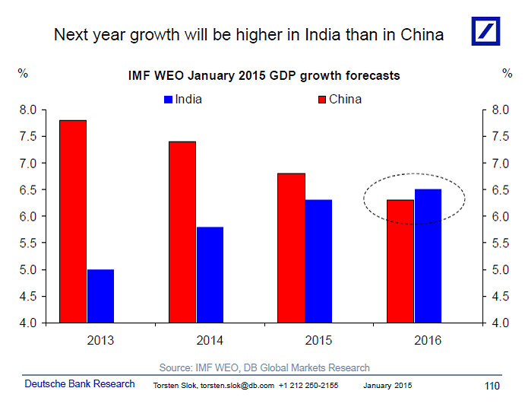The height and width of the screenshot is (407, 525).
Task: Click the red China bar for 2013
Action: tap(73, 221)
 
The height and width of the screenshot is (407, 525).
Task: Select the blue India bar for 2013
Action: tap(100, 296)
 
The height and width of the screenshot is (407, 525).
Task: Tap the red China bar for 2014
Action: tap(182, 232)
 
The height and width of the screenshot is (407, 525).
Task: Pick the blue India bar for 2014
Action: tap(210, 275)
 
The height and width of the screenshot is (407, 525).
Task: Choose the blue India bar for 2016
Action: tap(428, 256)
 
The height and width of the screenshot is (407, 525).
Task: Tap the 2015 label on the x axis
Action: tap(319, 341)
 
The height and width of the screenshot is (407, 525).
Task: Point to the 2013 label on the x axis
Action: tap(100, 341)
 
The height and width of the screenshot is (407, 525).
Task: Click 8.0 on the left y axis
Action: tap(28, 110)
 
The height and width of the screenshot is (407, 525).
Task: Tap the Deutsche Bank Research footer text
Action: tap(80, 384)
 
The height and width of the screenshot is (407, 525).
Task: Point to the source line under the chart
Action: tap(264, 367)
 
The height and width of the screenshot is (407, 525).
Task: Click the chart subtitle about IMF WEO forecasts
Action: tap(263, 76)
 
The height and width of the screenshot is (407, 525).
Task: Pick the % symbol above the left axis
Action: tap(23, 74)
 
